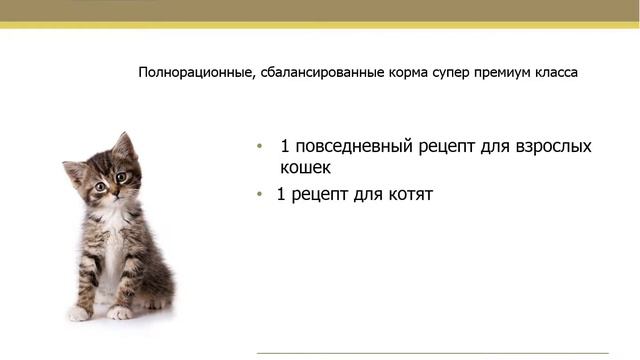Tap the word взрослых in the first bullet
(544, 146)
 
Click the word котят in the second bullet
(407, 194)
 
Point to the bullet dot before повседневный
(259, 146)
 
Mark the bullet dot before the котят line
(259, 194)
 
